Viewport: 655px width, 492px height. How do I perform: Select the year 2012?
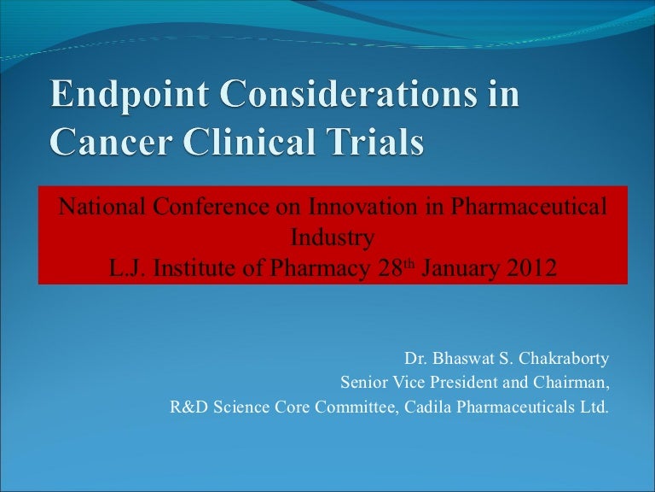pyautogui.click(x=535, y=268)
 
